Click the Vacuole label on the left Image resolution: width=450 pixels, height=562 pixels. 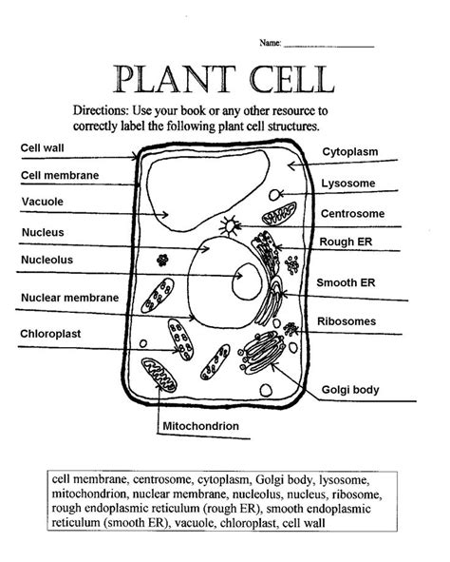(42, 202)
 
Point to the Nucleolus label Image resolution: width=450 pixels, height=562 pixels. (47, 259)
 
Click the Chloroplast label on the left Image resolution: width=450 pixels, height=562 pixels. (49, 334)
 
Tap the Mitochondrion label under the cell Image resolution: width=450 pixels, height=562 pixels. (200, 426)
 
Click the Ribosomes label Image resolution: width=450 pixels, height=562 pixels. (352, 321)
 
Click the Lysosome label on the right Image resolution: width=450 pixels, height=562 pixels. (349, 183)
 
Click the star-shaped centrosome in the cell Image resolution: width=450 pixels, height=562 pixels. (228, 226)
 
